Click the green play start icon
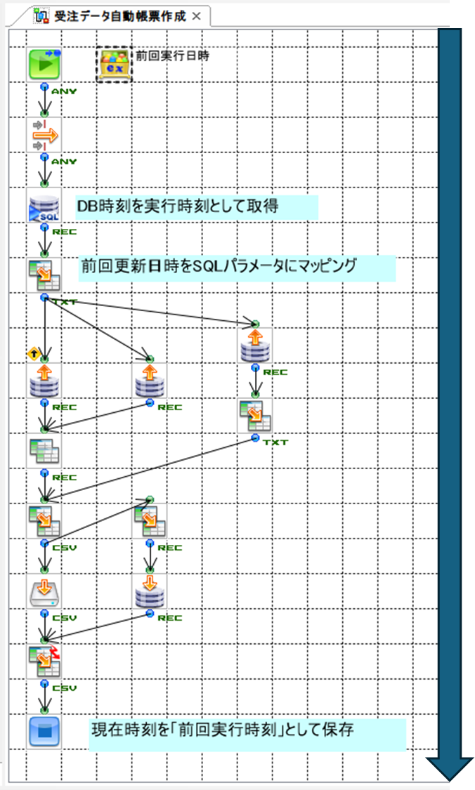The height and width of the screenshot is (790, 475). coord(44,65)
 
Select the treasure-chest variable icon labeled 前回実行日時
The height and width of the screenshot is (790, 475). coord(113,65)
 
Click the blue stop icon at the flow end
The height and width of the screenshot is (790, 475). coord(44,731)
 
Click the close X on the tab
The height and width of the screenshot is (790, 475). coord(196,16)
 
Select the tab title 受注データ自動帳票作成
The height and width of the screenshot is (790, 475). coord(119,16)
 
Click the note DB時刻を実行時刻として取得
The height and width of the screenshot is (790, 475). coord(197,206)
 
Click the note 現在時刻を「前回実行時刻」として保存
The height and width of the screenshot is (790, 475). coord(247,732)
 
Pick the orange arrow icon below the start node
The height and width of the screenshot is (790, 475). coord(44,134)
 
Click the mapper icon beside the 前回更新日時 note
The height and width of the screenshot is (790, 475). coord(44,275)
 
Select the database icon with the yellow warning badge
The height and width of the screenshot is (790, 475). coord(44,380)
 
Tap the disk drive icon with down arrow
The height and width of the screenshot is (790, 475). coord(44,591)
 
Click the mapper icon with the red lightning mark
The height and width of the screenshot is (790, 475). coord(44,661)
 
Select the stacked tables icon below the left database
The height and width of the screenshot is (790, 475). coord(44,451)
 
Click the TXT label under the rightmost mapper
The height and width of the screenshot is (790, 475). coord(275,442)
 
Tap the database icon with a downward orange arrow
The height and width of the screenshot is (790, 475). coord(149,591)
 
